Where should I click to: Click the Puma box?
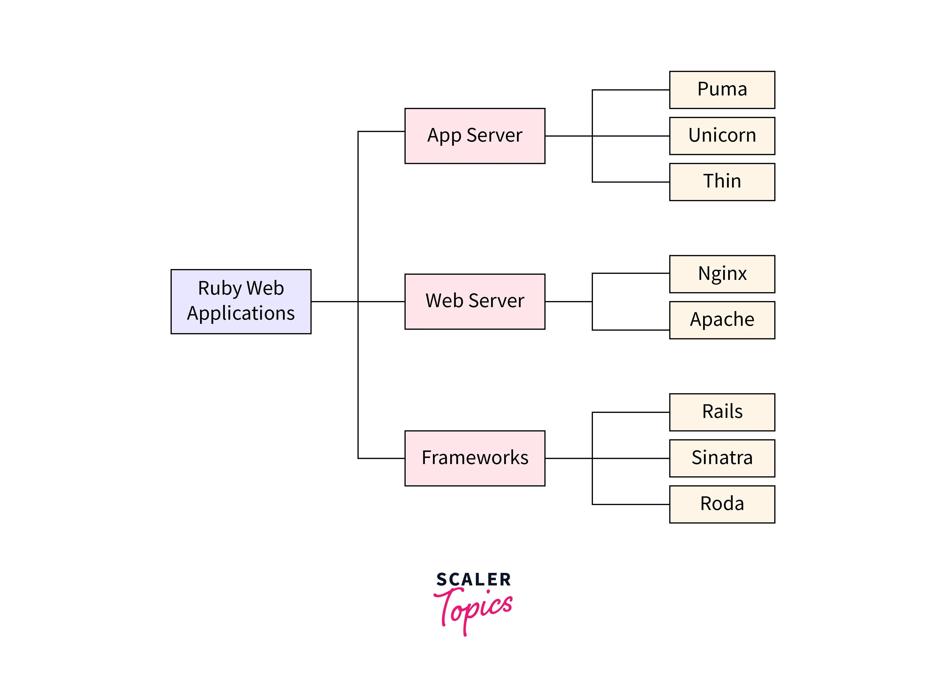coord(722,90)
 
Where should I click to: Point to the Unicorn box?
coord(722,136)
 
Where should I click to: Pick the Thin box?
coord(722,182)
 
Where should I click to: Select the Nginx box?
coord(722,274)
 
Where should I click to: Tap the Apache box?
coord(722,320)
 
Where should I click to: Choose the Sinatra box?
coord(722,458)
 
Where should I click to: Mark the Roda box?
coord(722,504)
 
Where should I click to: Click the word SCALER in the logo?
coord(473,580)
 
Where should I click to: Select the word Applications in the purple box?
coord(241,313)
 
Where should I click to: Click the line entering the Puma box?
coord(631,90)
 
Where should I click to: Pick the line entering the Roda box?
coord(631,504)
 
